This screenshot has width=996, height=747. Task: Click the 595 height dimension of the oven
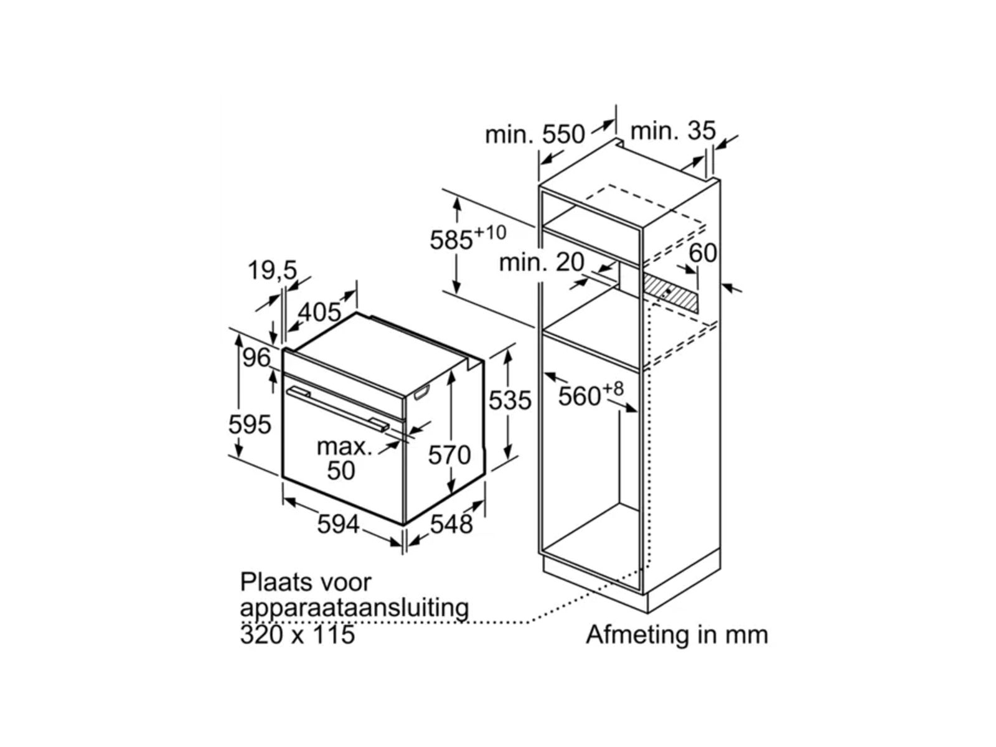[250, 425]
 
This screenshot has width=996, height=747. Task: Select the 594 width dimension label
[338, 524]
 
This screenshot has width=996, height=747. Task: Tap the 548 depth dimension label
[451, 524]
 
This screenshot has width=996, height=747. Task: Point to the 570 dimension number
[449, 455]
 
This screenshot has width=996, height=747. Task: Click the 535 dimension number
[510, 400]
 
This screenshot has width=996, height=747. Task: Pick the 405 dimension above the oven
[320, 312]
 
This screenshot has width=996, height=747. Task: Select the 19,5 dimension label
[272, 271]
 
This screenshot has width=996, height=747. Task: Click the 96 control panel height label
[256, 358]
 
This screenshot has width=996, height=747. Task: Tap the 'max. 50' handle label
[343, 458]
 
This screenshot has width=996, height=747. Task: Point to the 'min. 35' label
[673, 131]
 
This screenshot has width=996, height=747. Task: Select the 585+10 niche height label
[467, 238]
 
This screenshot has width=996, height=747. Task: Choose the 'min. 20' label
[542, 263]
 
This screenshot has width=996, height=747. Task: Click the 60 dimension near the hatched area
[703, 253]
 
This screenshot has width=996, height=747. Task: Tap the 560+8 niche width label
[590, 395]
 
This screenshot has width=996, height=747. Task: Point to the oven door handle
[339, 408]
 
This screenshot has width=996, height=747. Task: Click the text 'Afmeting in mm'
[677, 634]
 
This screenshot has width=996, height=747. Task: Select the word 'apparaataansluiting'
[354, 608]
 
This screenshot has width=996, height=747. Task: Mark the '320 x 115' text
[298, 634]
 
